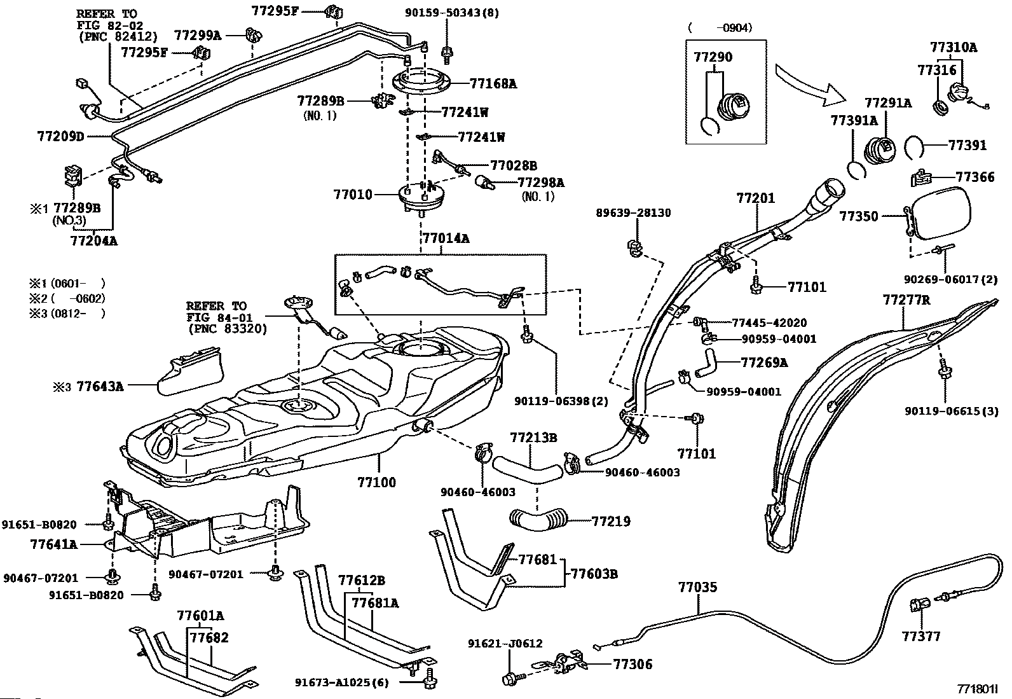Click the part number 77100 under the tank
377,482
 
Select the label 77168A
493,83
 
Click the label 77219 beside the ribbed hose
611,522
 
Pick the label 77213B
533,438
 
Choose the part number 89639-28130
633,212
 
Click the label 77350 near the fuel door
858,216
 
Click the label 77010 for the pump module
353,194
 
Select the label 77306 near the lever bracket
632,664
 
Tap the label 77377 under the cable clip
920,636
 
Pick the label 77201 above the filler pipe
756,198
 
